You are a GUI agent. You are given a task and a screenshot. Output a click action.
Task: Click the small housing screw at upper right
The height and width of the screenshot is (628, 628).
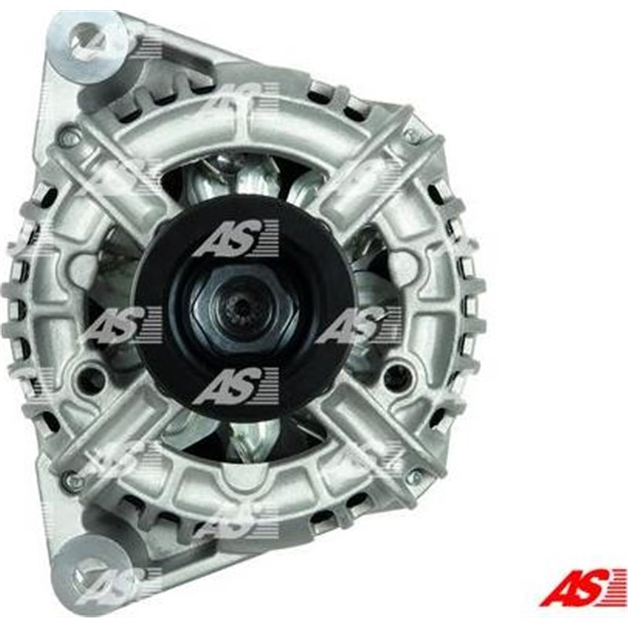tap(410, 135)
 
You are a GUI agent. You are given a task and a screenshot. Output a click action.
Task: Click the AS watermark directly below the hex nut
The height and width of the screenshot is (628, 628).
tap(235, 385)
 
